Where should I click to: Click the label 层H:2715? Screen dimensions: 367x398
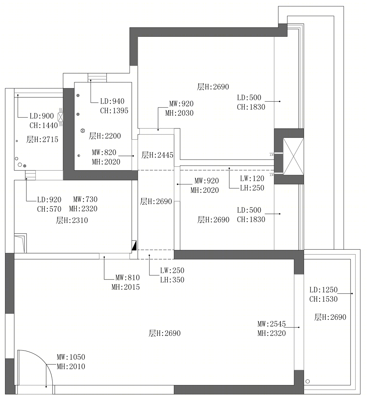coord(42,139)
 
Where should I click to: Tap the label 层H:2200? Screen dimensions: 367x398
coord(105,136)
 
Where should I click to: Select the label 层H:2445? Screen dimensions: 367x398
coord(157,155)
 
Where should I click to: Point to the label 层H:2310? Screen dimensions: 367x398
coord(72,221)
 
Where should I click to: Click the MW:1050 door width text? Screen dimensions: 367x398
coord(71,357)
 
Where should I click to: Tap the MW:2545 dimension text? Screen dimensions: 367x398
coord(272,324)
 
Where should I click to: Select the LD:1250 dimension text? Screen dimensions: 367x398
coord(324,290)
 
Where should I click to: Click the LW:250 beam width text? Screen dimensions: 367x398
coord(172,271)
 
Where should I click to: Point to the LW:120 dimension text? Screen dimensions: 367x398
coord(252,178)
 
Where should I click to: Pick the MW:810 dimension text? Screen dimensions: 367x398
coord(128,278)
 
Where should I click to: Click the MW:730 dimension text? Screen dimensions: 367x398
coord(85,199)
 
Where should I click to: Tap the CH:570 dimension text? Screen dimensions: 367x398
coord(49,209)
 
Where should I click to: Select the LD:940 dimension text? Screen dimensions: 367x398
coord(112,101)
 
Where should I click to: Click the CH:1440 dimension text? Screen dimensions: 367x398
coord(44,126)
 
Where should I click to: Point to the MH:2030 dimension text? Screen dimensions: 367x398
coord(180,113)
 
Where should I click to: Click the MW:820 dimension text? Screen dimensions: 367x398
coord(104,152)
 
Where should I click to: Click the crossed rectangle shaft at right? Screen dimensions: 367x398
coord(294,156)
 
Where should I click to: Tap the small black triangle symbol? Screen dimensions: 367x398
coord(134,245)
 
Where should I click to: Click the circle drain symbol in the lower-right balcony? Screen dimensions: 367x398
coord(308,382)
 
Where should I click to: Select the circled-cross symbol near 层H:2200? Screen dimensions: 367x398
coord(83,131)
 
